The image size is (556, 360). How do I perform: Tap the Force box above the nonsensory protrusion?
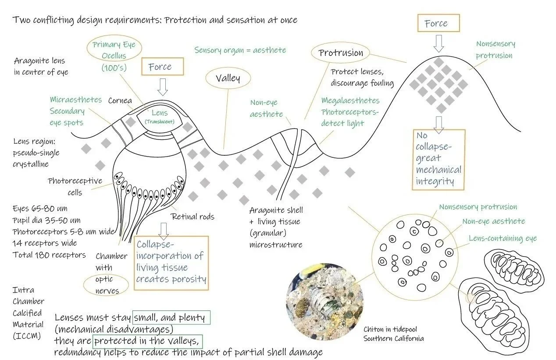(x=436, y=24)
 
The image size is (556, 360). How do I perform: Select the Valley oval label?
(x=228, y=79)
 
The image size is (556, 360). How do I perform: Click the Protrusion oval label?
(x=341, y=53)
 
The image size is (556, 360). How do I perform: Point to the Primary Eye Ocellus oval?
(x=114, y=56)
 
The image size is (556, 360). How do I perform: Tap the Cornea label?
(x=120, y=101)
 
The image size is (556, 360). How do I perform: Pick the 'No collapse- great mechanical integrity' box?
(x=438, y=158)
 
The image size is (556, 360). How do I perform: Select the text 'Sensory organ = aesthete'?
(x=240, y=50)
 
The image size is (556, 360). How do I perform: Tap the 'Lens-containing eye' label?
(x=503, y=238)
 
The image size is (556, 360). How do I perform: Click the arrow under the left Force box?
(x=163, y=87)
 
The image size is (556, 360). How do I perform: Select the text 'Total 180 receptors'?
(x=49, y=255)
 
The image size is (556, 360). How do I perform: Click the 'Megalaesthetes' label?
(x=350, y=101)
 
